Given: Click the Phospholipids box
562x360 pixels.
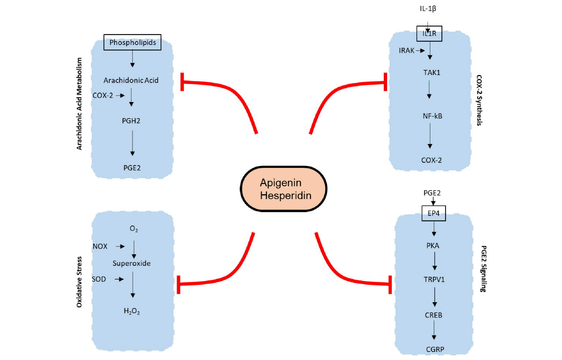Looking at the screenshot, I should tap(132, 42).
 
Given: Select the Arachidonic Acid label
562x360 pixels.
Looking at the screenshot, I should tap(131, 80).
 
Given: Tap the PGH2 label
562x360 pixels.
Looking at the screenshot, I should tap(131, 121).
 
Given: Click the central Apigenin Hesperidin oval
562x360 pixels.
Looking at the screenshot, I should tap(284, 189).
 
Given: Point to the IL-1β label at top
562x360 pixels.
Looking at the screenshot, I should tap(428, 8).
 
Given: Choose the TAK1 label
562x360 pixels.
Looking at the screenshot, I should tap(432, 72).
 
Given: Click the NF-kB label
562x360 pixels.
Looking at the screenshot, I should tap(432, 116).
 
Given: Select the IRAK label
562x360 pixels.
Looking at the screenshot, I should tap(406, 50).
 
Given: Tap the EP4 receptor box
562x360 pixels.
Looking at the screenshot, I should tap(434, 213).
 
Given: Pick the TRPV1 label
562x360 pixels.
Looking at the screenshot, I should tap(434, 280).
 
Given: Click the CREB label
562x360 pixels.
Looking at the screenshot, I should tap(434, 315).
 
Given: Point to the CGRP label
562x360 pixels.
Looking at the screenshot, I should tap(435, 349).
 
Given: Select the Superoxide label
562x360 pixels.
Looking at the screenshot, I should tap(131, 263).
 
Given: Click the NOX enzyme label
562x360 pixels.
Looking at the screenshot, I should tap(100, 246).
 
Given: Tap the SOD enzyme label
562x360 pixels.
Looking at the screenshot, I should tap(99, 279).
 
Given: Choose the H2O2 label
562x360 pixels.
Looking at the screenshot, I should tap(132, 311).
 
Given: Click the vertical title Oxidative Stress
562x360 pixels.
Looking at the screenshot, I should tap(79, 282).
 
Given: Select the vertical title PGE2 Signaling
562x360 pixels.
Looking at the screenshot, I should tap(483, 269).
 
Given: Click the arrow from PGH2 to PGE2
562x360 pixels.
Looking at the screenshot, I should tap(132, 143).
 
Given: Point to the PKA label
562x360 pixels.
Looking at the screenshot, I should tap(433, 245).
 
